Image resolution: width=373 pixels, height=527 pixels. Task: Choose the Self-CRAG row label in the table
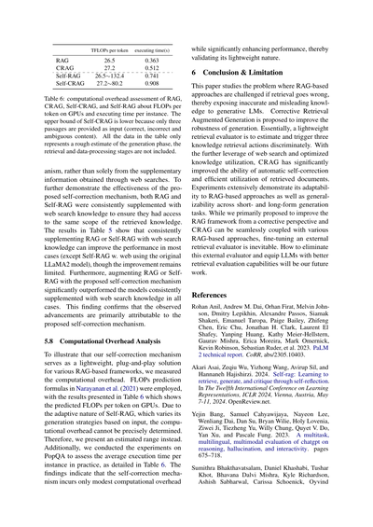point(59,84)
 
